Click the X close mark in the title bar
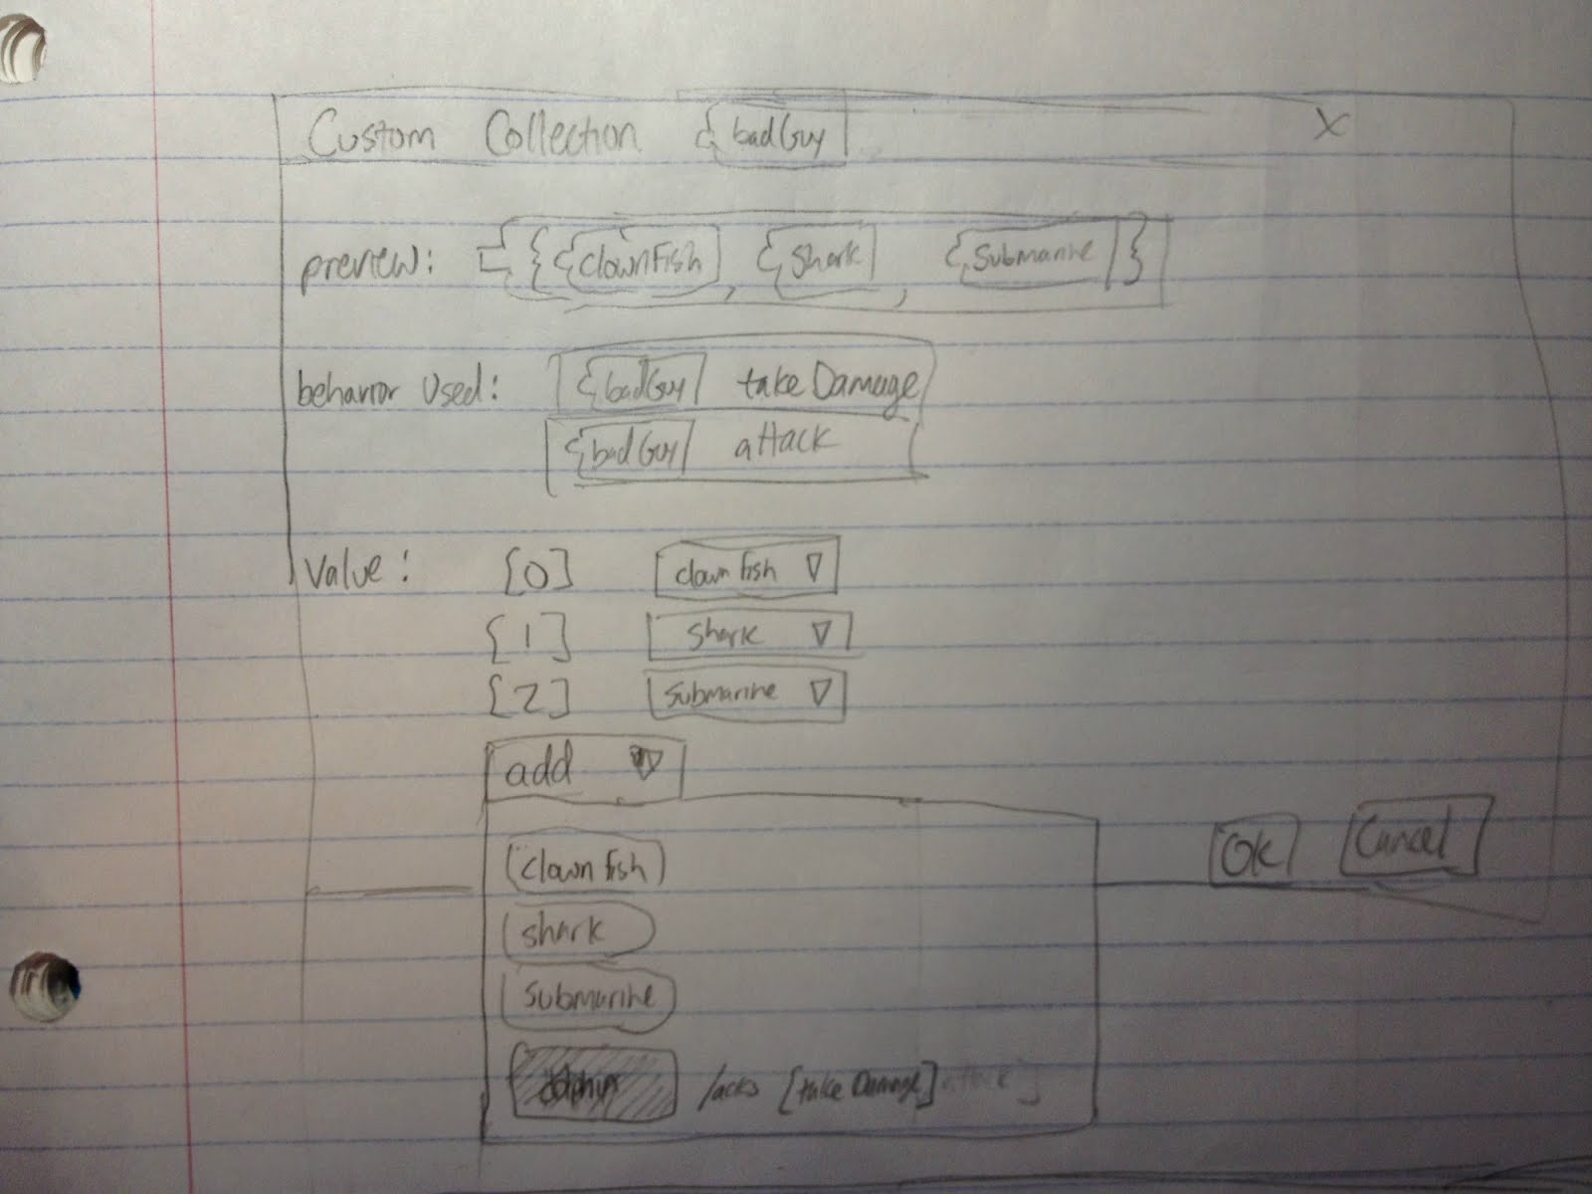point(1328,124)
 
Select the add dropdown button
point(583,769)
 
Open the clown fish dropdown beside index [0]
point(745,572)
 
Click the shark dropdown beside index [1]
point(749,634)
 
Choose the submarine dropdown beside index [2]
point(745,693)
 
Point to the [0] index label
point(537,574)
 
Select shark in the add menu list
point(577,932)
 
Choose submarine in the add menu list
point(588,996)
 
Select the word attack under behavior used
point(786,443)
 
